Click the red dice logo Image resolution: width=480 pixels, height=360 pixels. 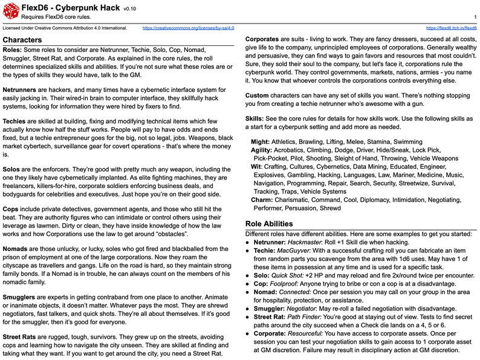tap(10, 11)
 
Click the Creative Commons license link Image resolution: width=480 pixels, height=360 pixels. tap(188, 28)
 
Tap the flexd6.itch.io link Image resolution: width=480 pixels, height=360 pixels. tap(451, 28)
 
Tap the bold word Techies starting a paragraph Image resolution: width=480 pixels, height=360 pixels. tap(15, 122)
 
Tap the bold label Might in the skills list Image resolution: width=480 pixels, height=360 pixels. tap(260, 142)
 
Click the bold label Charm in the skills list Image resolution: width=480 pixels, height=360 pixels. tap(262, 199)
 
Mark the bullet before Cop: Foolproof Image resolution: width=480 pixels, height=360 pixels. tap(248, 283)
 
